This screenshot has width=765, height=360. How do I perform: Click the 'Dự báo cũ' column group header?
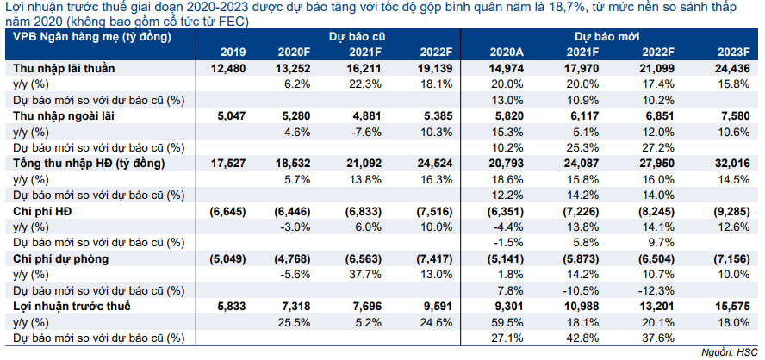click(x=358, y=37)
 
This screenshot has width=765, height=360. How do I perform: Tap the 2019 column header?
click(x=233, y=53)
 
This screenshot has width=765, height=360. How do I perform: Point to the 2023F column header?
click(x=734, y=53)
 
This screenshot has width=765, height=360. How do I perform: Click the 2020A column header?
click(x=508, y=53)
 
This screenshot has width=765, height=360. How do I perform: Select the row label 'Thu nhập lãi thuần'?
click(x=64, y=68)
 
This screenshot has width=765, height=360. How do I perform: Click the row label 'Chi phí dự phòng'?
click(x=61, y=259)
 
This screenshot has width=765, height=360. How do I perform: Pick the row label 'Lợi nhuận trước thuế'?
click(x=72, y=307)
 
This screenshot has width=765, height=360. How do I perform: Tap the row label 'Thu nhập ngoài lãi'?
click(x=63, y=115)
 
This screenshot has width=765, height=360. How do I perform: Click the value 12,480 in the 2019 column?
click(x=230, y=68)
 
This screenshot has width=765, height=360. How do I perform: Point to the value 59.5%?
click(x=510, y=322)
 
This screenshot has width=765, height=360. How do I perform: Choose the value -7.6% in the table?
click(x=374, y=132)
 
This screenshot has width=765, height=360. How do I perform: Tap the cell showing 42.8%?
click(x=584, y=338)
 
